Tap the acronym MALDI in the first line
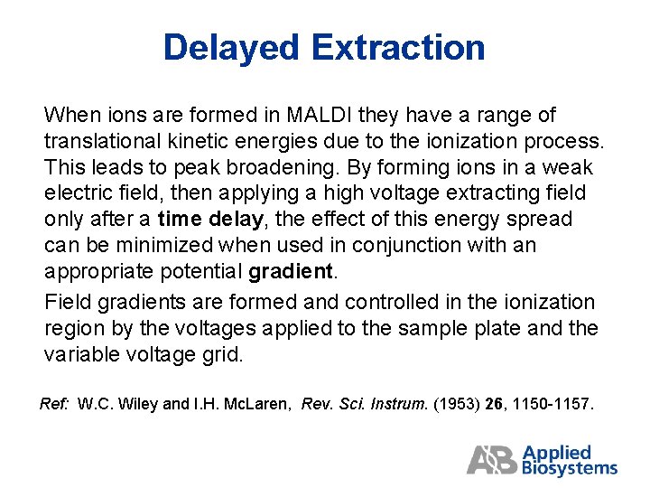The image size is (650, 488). tap(320, 116)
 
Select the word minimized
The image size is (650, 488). tap(133, 245)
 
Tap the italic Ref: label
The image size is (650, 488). tap(55, 404)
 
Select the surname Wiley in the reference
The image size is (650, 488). tap(137, 404)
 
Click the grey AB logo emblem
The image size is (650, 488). tap(492, 460)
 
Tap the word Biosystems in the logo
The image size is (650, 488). tap(570, 468)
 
